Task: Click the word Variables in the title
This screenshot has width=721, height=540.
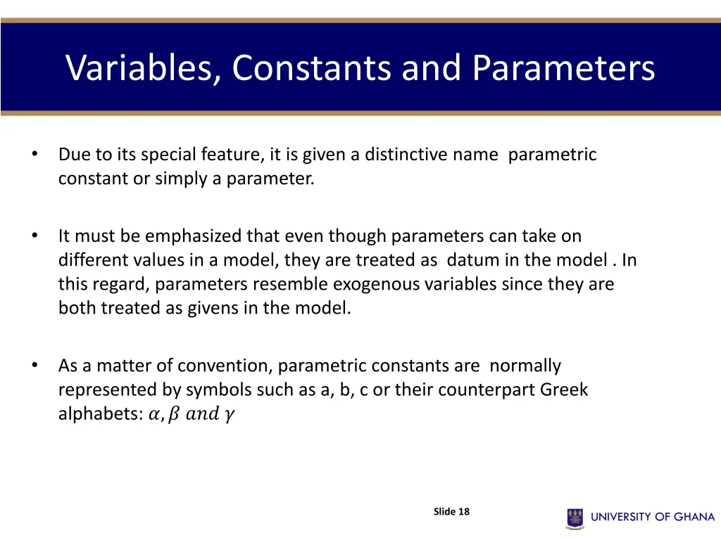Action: tap(141, 68)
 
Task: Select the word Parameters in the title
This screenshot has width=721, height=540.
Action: tap(563, 68)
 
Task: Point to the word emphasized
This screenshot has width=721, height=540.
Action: tap(186, 236)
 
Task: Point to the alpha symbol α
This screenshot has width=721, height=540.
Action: tap(153, 414)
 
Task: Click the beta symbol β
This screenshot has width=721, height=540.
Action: tap(174, 414)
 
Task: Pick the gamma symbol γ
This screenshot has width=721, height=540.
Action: tap(229, 415)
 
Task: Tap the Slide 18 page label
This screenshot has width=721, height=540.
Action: tap(451, 511)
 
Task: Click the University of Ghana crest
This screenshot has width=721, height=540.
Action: tap(575, 517)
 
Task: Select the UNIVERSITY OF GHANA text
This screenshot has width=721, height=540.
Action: tap(653, 517)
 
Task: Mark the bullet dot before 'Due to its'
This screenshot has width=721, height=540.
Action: tap(35, 155)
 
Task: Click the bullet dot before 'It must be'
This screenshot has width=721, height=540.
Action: tap(35, 236)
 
